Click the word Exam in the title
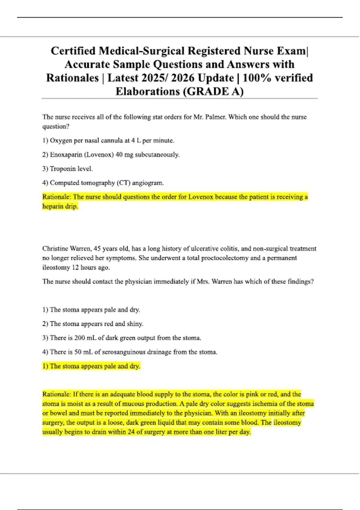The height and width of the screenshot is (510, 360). (290, 51)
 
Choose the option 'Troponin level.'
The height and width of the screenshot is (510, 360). (71, 169)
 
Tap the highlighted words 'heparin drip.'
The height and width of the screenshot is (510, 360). (60, 206)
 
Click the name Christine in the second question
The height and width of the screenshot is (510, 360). (55, 249)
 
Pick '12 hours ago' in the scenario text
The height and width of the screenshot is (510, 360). (91, 268)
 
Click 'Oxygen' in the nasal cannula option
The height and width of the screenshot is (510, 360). (61, 141)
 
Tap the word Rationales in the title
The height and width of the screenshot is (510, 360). (72, 78)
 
